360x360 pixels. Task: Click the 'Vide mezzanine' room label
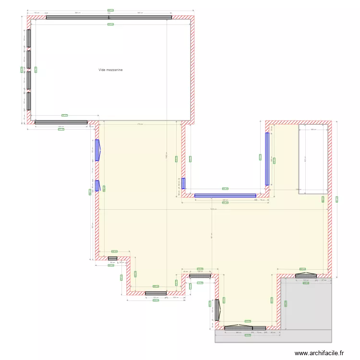[110, 70]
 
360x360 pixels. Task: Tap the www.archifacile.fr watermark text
[319, 353]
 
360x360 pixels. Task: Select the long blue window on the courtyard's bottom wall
[225, 195]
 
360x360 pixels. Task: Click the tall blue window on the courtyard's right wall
[267, 158]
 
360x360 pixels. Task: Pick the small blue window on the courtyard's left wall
[183, 183]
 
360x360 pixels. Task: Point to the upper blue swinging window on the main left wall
[97, 150]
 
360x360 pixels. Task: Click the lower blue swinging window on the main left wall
[97, 186]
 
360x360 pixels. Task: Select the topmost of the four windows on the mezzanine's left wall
[29, 38]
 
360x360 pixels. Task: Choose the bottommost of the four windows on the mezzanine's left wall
[29, 101]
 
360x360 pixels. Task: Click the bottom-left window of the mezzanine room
[61, 122]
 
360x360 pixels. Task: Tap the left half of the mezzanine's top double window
[77, 18]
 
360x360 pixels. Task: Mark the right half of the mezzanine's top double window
[140, 18]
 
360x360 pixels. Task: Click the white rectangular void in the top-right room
[313, 158]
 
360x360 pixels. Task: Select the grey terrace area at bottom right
[305, 307]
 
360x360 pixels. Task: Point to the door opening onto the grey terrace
[306, 276]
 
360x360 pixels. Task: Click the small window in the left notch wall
[112, 258]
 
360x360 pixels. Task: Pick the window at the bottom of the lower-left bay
[156, 293]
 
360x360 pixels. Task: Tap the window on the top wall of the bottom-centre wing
[200, 276]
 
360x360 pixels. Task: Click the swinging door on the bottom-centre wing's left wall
[217, 310]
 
